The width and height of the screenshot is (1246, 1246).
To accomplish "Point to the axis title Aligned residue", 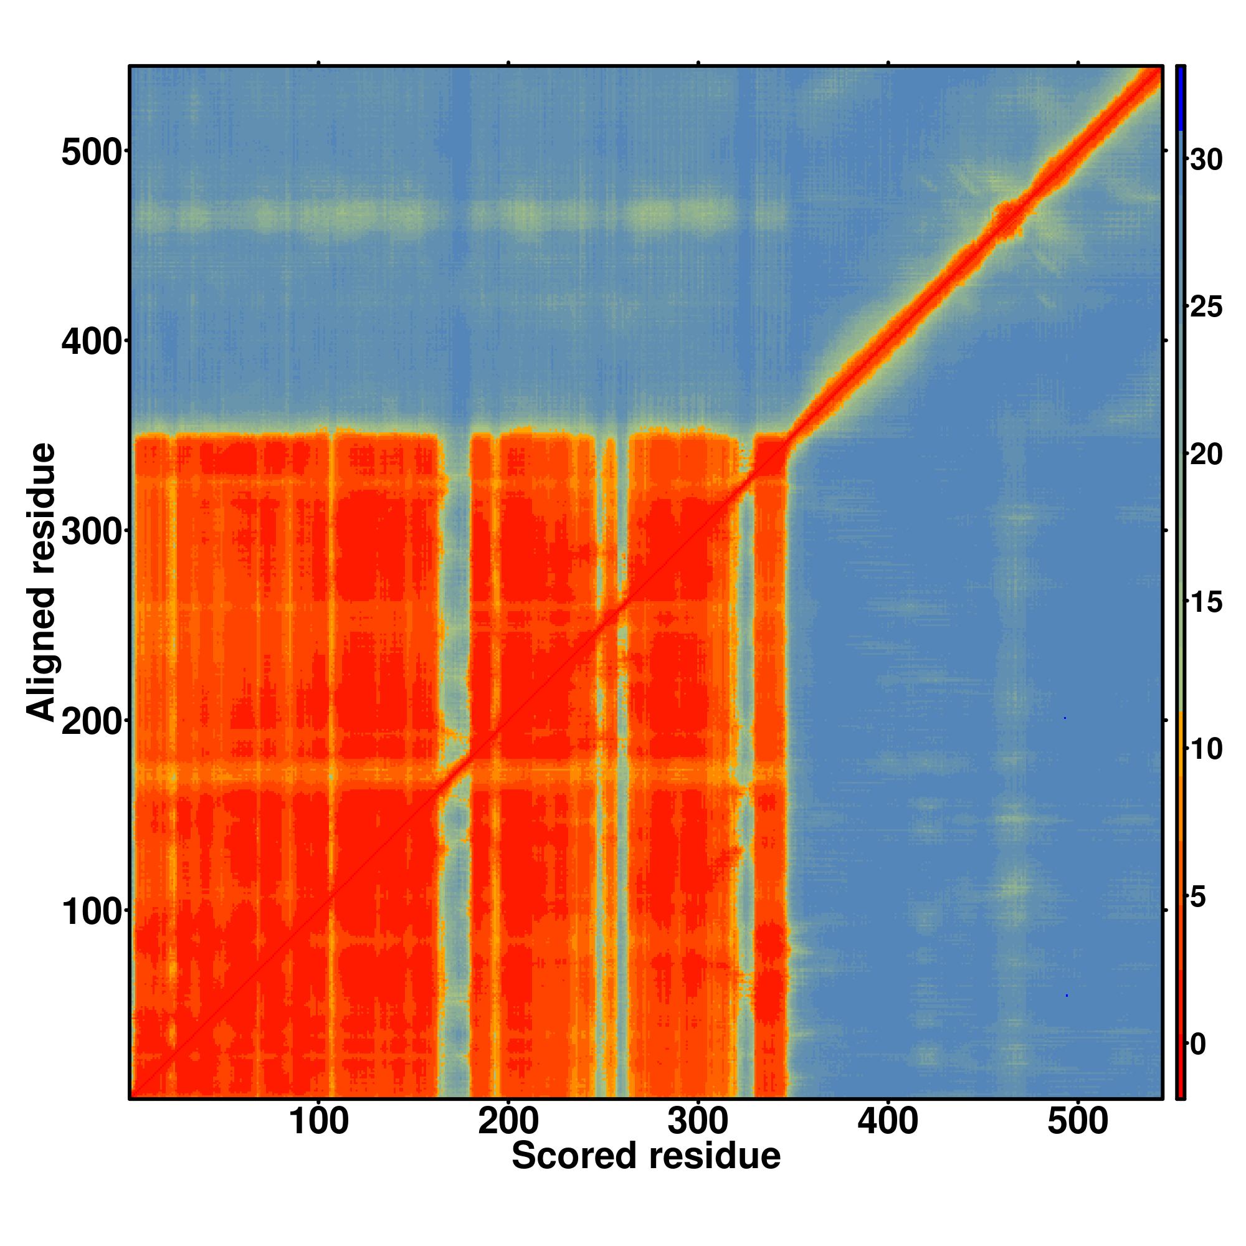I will coord(41,582).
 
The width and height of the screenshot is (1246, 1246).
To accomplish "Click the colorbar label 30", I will coord(1206,159).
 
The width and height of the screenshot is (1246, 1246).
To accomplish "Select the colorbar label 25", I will coord(1206,307).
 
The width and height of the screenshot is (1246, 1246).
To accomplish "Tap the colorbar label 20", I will coord(1206,455).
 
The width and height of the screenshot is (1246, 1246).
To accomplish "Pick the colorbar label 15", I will coord(1206,602).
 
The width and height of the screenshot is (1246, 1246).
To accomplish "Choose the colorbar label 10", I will coord(1206,750).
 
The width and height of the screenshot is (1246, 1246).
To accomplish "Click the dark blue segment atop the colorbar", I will coord(1179,98).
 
